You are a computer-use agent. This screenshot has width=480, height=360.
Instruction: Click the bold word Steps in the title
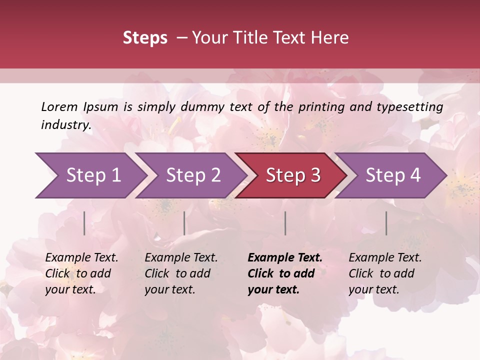[145, 38]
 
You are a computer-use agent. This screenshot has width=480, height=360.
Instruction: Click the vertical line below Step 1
[84, 223]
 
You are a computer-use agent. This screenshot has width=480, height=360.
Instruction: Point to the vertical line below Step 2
[184, 223]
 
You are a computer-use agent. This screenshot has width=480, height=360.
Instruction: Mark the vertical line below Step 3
[285, 223]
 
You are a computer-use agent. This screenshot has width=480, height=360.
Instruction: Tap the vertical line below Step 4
[386, 223]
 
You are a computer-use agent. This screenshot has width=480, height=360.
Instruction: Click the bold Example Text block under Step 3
[285, 273]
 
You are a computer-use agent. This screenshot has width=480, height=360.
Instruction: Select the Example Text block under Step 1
[81, 273]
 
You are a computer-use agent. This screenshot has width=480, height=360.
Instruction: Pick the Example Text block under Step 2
[181, 273]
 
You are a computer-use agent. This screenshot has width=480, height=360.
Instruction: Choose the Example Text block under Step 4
[385, 273]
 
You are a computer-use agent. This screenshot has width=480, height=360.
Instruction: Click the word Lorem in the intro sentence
[59, 106]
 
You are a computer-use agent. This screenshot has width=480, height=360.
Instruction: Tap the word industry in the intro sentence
[66, 124]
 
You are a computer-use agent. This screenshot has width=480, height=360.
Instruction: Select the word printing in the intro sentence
[321, 107]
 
